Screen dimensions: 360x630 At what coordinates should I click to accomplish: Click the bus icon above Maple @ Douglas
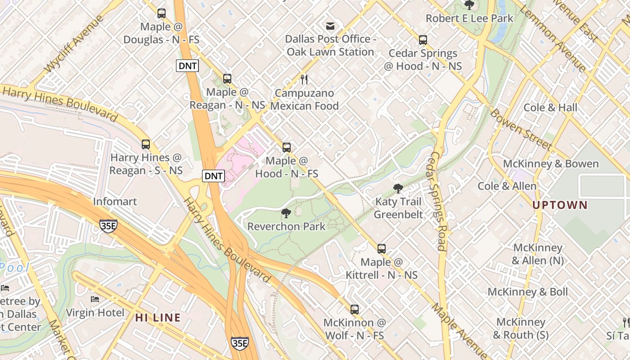[162, 13]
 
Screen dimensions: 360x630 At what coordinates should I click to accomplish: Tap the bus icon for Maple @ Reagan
[227, 79]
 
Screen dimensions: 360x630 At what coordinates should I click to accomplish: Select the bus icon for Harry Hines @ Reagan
[146, 144]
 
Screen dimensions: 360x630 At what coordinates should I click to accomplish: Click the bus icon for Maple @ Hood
[287, 147]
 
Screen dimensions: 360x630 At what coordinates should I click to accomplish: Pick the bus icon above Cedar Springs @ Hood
[423, 40]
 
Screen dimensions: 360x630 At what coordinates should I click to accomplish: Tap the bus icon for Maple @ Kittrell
[382, 248]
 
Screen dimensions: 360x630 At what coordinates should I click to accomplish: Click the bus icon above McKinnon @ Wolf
[355, 309]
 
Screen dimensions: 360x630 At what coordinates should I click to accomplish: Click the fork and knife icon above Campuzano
[304, 80]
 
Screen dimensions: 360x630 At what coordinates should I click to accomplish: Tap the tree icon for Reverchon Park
[286, 213]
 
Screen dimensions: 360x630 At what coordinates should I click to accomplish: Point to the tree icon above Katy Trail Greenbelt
[398, 188]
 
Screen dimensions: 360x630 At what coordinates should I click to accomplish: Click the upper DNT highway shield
[187, 66]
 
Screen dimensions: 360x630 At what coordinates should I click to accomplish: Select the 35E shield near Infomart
[108, 225]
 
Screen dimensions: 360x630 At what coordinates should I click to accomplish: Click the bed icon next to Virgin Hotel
[95, 299]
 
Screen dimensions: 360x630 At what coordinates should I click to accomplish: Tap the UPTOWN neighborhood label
[560, 205]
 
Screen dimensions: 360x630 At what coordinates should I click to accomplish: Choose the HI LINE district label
[158, 318]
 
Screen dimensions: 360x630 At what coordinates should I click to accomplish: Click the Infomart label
[115, 201]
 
